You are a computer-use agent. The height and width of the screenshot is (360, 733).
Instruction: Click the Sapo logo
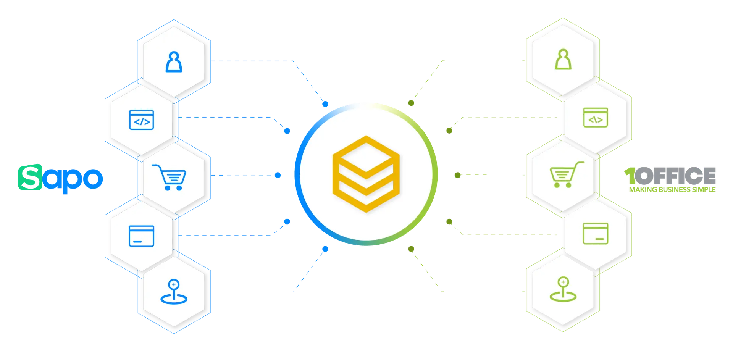[60, 178]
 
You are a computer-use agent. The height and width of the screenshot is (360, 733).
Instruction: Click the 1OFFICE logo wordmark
[670, 176]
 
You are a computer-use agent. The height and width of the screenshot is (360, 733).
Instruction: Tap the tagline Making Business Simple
[672, 190]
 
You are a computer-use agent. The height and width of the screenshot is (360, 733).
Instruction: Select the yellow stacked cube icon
[366, 174]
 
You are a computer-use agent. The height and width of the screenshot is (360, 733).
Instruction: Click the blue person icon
[174, 62]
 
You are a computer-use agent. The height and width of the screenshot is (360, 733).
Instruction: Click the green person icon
[563, 59]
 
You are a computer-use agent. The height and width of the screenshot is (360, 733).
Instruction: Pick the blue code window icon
[142, 120]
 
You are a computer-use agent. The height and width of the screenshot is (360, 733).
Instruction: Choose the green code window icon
[596, 117]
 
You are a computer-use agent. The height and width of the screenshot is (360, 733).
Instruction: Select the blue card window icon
[142, 236]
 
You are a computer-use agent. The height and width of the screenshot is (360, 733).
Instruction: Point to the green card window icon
[596, 233]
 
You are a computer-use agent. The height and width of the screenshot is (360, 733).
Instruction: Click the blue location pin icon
[174, 292]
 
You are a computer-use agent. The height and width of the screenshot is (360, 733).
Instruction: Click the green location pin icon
[563, 289]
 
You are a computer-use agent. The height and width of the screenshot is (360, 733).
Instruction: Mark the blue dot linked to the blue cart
[278, 175]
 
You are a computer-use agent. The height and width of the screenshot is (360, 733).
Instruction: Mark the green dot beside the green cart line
[458, 175]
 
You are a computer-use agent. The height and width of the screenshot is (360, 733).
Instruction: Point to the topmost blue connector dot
[325, 104]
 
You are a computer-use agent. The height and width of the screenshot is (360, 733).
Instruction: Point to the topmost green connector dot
[411, 103]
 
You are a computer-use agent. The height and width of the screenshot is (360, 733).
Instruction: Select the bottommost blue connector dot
[325, 249]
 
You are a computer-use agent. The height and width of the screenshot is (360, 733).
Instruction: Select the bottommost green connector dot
[411, 249]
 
